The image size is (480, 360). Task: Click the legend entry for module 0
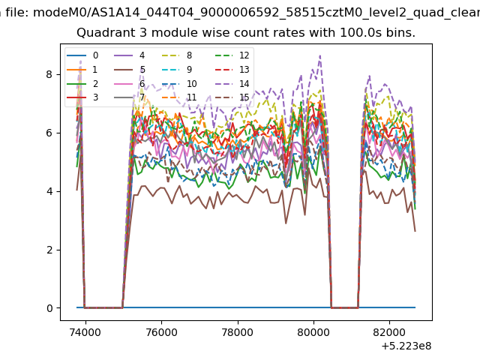pos(82,55)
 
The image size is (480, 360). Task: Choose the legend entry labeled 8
pos(177,55)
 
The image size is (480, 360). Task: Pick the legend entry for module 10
pos(179,83)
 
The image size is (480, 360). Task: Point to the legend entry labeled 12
pos(232,55)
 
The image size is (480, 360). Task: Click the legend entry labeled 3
pos(82,97)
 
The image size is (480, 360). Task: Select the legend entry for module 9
pos(177,70)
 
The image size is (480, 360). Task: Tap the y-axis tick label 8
pos(49,74)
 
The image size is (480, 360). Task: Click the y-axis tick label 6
pos(49,133)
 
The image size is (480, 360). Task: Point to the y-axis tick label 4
pos(49,191)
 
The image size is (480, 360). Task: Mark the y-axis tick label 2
pos(49,250)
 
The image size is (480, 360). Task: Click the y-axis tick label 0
pos(49,308)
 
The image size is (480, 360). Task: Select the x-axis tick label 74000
pos(85,332)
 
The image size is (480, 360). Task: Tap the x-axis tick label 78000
pos(238,332)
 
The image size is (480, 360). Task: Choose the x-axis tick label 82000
pos(389,332)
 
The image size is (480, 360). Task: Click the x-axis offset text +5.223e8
pos(406,346)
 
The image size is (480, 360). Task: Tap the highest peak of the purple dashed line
pos(320,55)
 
